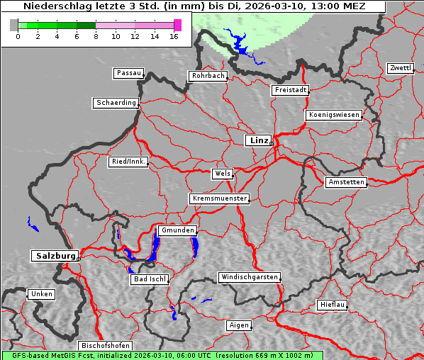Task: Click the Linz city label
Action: click(x=258, y=140)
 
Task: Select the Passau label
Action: click(x=128, y=73)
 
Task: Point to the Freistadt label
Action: click(x=290, y=90)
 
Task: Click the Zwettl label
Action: click(x=400, y=68)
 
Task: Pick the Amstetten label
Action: click(x=346, y=182)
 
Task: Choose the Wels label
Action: click(x=222, y=174)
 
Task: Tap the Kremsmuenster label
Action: click(x=219, y=198)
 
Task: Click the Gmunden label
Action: click(x=177, y=230)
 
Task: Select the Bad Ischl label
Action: click(x=150, y=279)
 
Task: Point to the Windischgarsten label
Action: click(x=248, y=277)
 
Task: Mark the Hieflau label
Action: click(x=333, y=305)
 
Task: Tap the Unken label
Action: click(x=41, y=294)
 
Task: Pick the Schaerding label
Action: click(x=116, y=103)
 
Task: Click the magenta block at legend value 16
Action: click(x=177, y=25)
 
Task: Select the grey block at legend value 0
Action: click(x=14, y=25)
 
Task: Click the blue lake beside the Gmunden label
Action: click(x=155, y=247)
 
